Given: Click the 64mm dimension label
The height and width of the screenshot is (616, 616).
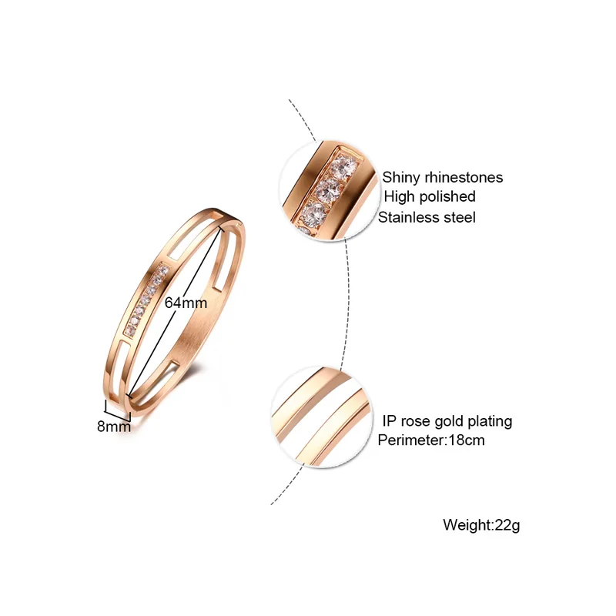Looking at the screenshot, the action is (x=186, y=303).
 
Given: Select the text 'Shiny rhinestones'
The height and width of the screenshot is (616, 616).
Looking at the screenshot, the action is (x=443, y=177).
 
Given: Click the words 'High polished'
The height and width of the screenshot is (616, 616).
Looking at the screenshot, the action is (x=430, y=197).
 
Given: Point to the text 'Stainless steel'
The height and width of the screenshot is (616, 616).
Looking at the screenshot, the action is (x=427, y=217).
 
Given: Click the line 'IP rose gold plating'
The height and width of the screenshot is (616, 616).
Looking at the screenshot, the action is (x=447, y=421).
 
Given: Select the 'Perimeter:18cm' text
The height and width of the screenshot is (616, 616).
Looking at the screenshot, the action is (x=431, y=440).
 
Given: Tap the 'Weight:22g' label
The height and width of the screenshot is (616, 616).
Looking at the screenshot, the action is (x=482, y=525).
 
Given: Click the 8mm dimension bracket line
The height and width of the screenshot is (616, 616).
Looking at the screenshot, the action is (x=118, y=409).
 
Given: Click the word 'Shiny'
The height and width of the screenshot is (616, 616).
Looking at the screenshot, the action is (x=401, y=177).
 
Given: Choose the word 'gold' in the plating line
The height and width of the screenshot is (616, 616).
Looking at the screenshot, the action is (x=450, y=421).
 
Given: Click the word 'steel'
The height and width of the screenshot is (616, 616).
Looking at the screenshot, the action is (x=459, y=217).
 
